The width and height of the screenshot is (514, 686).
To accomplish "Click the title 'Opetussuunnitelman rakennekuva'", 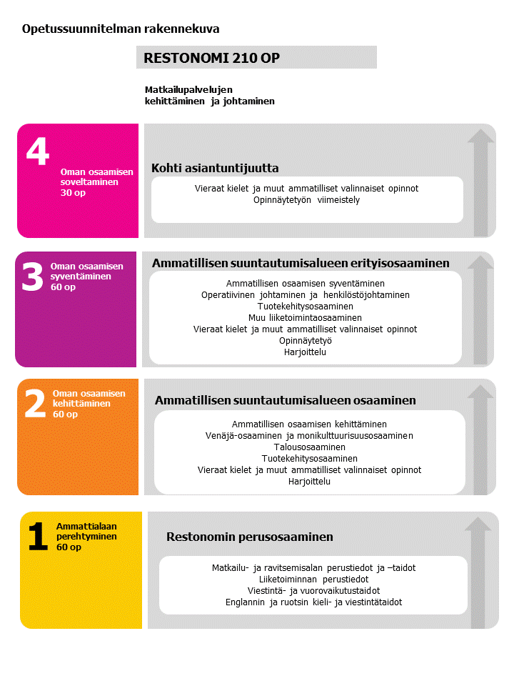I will pos(121,29).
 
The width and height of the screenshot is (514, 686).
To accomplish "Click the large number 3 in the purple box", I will pos(32,277).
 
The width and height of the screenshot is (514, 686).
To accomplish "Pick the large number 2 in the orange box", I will pos(35,404).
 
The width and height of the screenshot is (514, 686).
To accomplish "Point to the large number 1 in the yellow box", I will pos(38,537).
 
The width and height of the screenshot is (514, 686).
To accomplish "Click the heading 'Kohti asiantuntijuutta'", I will pos(215,168).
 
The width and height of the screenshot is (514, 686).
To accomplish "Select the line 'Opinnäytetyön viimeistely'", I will pos(306,200).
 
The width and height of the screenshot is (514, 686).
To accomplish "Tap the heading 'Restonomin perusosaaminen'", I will pos(250,537).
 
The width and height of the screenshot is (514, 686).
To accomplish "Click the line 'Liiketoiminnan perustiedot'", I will pos(313,579).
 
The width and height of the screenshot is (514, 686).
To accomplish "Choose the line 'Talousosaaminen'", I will pos(309,447).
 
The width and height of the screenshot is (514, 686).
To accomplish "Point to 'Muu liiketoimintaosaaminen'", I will pos(305,317).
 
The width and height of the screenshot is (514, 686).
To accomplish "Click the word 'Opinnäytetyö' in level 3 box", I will pos(305,340).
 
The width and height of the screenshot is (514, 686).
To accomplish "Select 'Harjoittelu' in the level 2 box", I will pos(309,481).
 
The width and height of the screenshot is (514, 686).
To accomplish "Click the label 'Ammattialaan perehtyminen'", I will pos(86,531).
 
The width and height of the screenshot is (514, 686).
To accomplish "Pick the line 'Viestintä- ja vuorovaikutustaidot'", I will pos(313,590).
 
